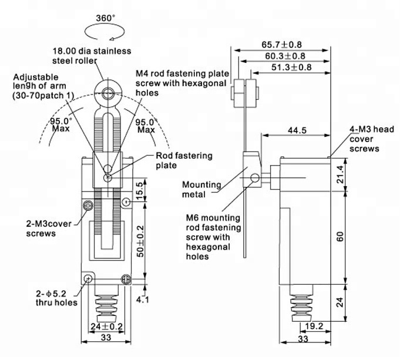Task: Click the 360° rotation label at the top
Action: click(105, 18)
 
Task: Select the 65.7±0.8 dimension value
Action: click(281, 45)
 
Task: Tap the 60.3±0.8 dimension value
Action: click(285, 56)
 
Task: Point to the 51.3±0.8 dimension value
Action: click(291, 67)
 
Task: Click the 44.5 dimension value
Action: click(297, 130)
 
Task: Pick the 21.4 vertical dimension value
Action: click(341, 174)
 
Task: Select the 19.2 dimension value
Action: click(314, 326)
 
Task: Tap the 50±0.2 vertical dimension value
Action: click(140, 241)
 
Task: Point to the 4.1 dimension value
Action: click(142, 299)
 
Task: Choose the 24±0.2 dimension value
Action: click(107, 327)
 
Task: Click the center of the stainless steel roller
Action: click(109, 93)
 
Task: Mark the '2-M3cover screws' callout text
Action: click(49, 228)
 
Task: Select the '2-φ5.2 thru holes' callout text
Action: click(56, 298)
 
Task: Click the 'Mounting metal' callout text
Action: click(201, 190)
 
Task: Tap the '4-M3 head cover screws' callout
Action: click(372, 139)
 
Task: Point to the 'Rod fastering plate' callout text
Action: click(184, 160)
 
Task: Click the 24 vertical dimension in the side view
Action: click(341, 302)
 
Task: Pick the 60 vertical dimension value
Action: click(341, 237)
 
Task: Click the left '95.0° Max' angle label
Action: click(60, 125)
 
